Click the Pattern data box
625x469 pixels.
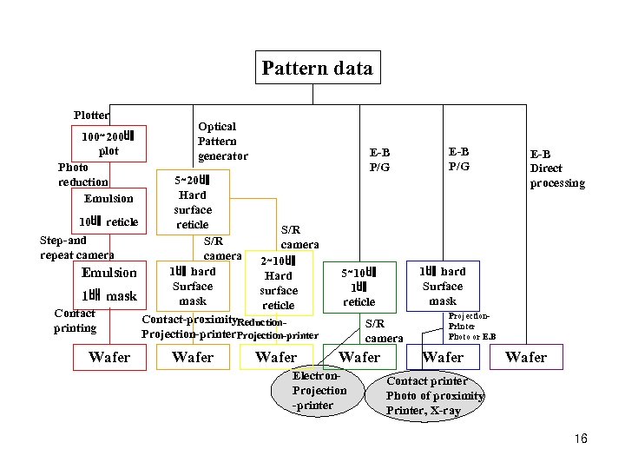click(317, 68)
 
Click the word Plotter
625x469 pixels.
click(91, 115)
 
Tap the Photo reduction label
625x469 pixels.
click(82, 175)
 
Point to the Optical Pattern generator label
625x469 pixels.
click(222, 142)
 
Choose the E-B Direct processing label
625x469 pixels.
click(557, 168)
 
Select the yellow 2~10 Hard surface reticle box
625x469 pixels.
click(278, 282)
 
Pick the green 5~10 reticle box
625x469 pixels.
click(359, 286)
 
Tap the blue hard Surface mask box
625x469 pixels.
click(443, 286)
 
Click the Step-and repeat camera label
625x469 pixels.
click(76, 248)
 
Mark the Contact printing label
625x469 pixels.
click(75, 320)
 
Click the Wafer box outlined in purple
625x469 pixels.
click(526, 357)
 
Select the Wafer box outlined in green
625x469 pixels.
click(359, 357)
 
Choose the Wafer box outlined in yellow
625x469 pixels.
click(276, 357)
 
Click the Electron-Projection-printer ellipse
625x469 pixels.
click(319, 391)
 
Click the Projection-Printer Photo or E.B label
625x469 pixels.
click(471, 327)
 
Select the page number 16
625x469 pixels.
click(580, 439)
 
